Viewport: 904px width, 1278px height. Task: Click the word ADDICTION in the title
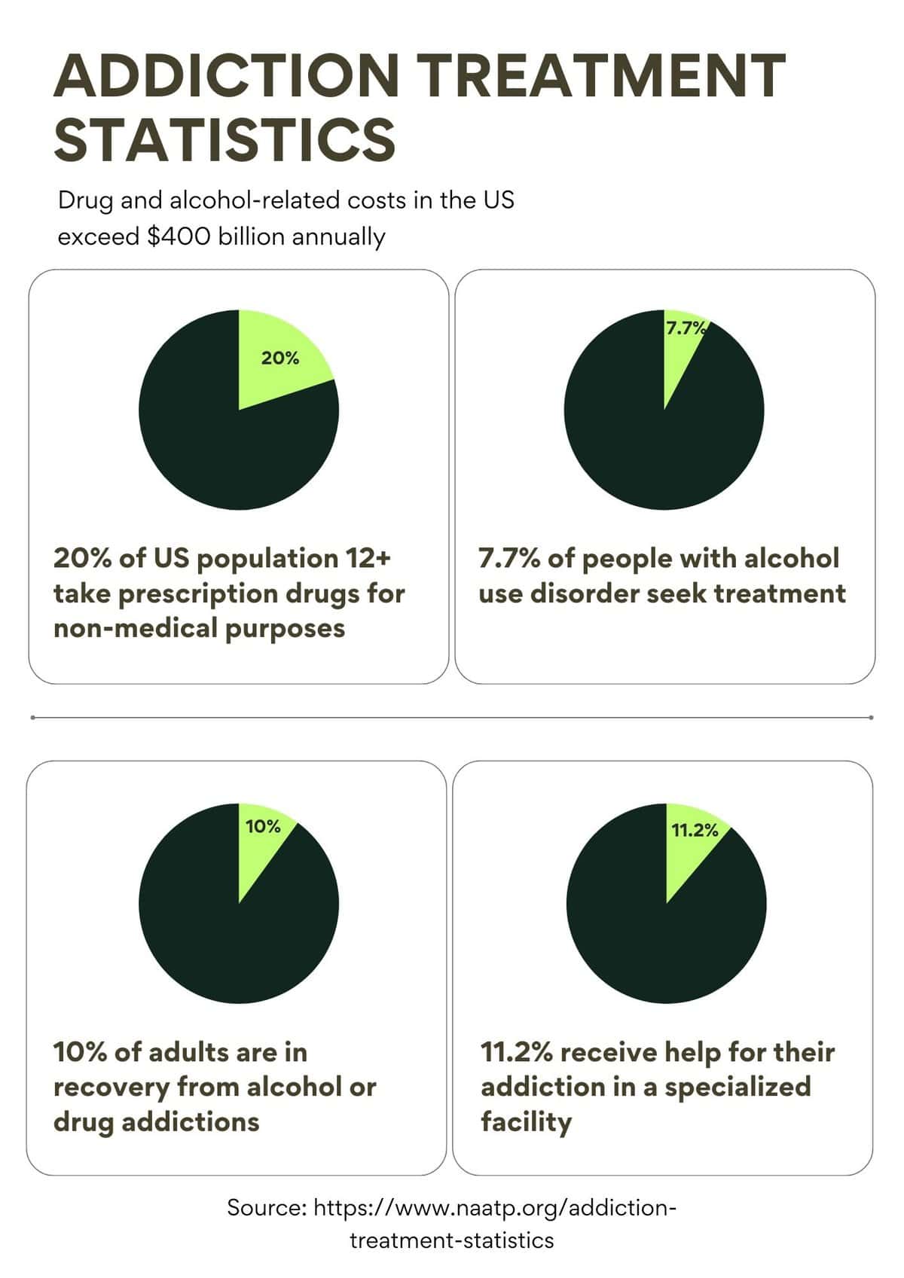pos(226,75)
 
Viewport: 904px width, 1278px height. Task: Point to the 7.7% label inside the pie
pos(685,328)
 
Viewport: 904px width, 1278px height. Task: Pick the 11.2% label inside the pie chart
pos(695,830)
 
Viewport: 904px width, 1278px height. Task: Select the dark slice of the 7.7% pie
pos(663,452)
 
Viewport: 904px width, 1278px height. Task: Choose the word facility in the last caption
pos(526,1121)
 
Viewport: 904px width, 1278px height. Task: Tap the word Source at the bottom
pos(266,1207)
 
